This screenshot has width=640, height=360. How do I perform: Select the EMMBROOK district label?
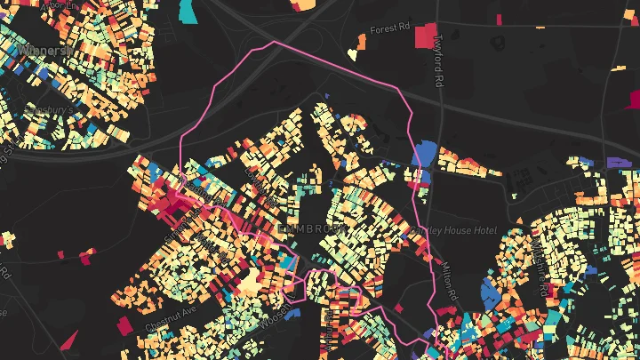(310, 228)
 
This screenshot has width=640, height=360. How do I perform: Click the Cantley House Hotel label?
(453, 230)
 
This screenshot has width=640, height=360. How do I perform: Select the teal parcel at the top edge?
(188, 11)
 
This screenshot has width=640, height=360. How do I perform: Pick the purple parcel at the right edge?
(618, 163)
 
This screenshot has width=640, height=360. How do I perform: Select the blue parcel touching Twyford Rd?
(424, 154)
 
